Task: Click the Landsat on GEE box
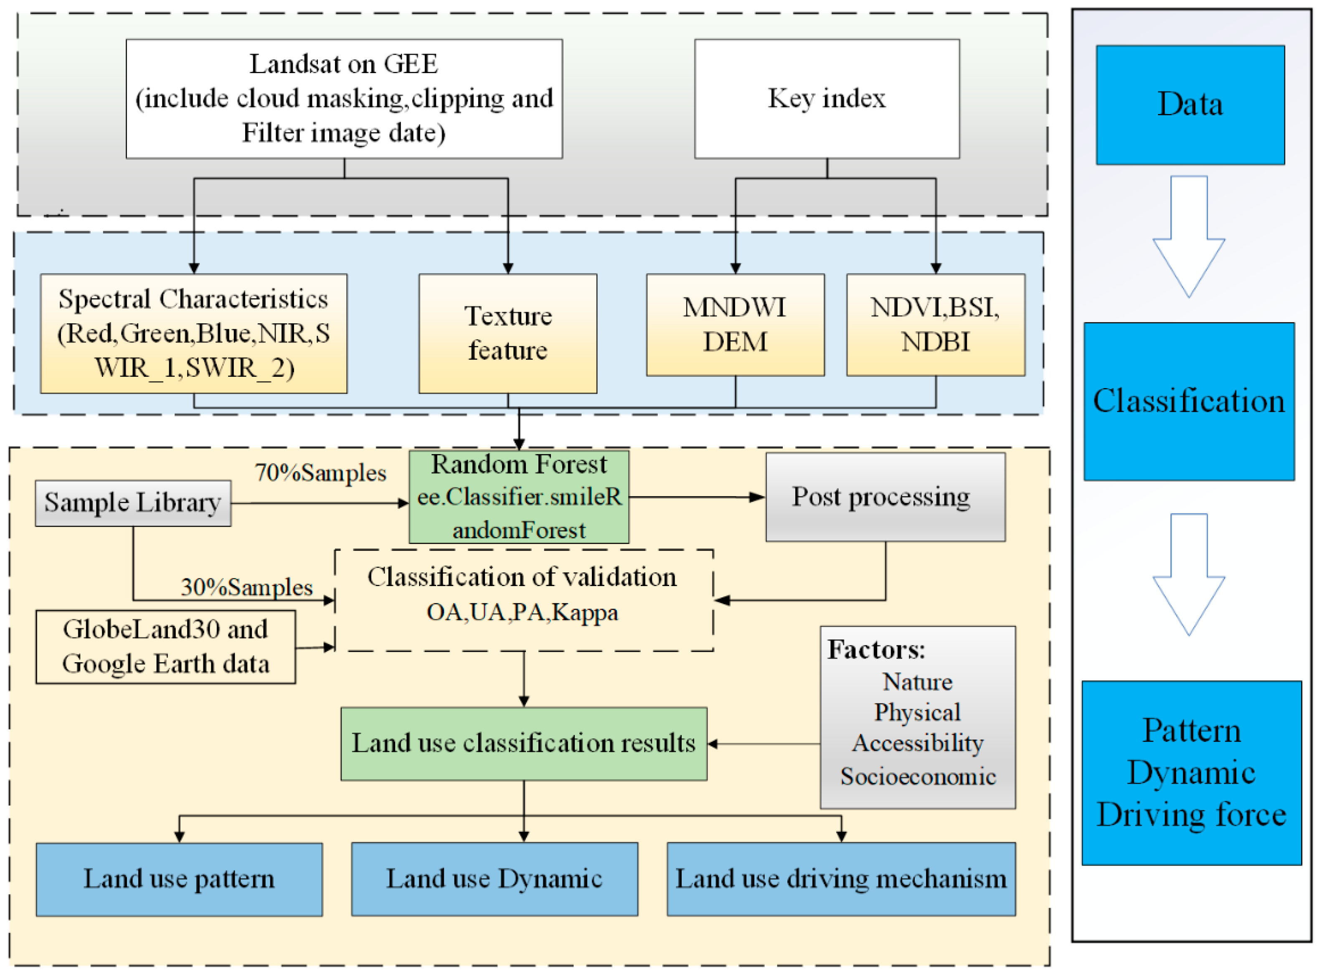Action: tap(344, 99)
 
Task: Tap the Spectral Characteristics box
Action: tap(193, 333)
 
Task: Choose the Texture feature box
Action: tap(507, 333)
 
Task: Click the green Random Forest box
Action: tap(519, 497)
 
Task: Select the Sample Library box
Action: tap(133, 503)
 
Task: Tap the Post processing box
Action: tap(885, 497)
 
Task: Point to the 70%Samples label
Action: tap(320, 473)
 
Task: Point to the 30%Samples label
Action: tap(247, 587)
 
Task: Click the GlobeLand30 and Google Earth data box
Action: tap(165, 647)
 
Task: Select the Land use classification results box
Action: tap(523, 744)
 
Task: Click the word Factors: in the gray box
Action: tap(876, 650)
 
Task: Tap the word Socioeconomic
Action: tap(918, 777)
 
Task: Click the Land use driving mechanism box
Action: tap(840, 879)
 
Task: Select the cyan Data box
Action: tap(1190, 104)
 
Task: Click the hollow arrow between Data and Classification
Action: tap(1189, 236)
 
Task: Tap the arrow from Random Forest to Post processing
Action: tap(696, 498)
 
